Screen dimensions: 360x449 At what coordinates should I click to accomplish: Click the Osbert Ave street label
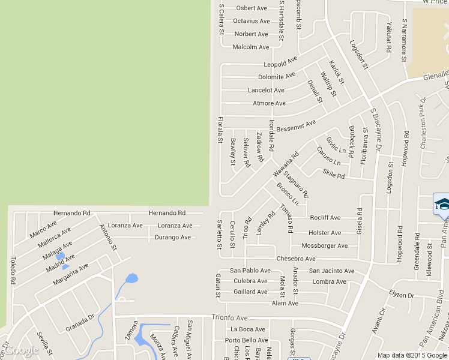[x=252, y=8]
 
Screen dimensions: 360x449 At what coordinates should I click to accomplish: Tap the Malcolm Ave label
[x=251, y=47]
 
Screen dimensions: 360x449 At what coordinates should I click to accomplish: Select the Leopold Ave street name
[x=280, y=62]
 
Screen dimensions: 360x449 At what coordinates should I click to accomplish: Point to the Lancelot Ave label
[x=266, y=91]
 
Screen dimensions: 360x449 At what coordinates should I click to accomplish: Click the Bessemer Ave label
[x=296, y=126]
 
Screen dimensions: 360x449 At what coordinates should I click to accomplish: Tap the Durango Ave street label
[x=172, y=238]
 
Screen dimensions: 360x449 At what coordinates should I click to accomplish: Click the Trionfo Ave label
[x=229, y=317]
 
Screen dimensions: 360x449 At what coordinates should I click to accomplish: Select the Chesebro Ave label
[x=296, y=259]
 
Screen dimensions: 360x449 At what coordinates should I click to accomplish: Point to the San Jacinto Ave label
[x=331, y=271]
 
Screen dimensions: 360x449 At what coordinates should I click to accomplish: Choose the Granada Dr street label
[x=80, y=323]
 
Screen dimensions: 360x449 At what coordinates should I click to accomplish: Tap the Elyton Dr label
[x=402, y=295]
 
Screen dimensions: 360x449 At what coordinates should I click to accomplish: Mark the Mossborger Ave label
[x=324, y=246]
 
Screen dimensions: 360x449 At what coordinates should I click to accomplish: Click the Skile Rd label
[x=334, y=175]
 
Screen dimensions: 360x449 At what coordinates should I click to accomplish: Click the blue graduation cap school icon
[x=442, y=203]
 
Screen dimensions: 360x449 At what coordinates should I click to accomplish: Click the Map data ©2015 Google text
[x=412, y=355]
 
